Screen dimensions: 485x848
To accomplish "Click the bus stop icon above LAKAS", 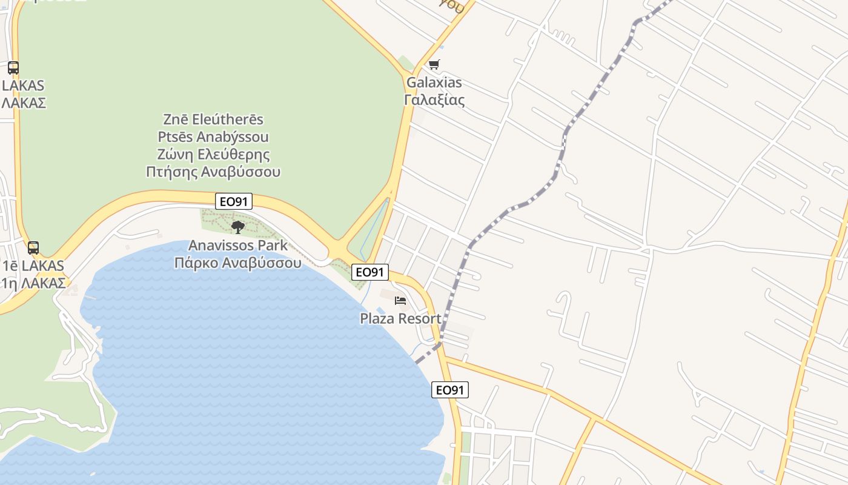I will pos(13,68).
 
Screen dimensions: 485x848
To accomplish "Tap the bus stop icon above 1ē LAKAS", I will pos(33,247).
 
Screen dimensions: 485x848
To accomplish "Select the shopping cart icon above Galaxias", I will pos(434,65).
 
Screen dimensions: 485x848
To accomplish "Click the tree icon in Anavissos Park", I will pos(238,227).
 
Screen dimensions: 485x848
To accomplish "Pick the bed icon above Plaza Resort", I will pos(400,300).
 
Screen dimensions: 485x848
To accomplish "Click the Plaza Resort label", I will pos(400,318).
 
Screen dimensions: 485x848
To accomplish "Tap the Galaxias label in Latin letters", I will pos(434,82).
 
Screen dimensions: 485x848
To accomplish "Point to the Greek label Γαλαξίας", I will pos(434,100).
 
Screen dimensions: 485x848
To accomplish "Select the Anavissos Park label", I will pos(237,246).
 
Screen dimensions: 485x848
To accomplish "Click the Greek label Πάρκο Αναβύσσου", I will pos(237,263).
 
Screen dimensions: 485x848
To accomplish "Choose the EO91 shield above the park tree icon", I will pos(234,201).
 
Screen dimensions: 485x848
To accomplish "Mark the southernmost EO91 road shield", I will pos(450,390).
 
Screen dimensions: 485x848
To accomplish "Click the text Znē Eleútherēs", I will pos(213,119).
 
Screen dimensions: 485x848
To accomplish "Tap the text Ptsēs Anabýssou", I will pos(213,136).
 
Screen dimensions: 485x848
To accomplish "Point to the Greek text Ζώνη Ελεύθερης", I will pos(213,154).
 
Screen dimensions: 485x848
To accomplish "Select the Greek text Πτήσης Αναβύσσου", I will pos(213,172).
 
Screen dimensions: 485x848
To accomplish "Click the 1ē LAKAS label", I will pos(33,266).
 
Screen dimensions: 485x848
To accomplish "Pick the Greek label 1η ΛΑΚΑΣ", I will pos(33,283).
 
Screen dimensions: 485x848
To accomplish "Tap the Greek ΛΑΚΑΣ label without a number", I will pos(23,102).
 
